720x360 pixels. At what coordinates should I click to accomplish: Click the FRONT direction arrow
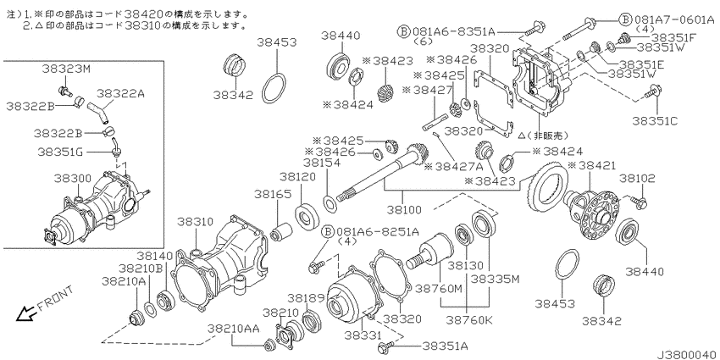[x=25, y=313]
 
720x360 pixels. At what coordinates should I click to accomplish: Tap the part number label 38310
[x=195, y=222]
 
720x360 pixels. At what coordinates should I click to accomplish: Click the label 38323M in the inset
[x=67, y=69]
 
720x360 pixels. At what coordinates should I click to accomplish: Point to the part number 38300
[x=73, y=178]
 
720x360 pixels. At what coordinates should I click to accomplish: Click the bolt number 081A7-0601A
[x=674, y=19]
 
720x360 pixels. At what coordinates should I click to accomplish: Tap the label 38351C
[x=655, y=121]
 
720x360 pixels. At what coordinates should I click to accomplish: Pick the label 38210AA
[x=233, y=329]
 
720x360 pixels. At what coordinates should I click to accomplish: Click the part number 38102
[x=638, y=178]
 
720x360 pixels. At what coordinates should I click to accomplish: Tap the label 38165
[x=274, y=194]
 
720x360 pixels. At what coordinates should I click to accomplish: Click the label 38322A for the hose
[x=121, y=94]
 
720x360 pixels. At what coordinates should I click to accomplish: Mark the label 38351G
[x=60, y=151]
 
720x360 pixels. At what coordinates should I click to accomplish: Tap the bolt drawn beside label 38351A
[x=385, y=347]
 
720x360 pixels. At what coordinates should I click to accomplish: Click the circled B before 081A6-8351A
[x=402, y=31]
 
